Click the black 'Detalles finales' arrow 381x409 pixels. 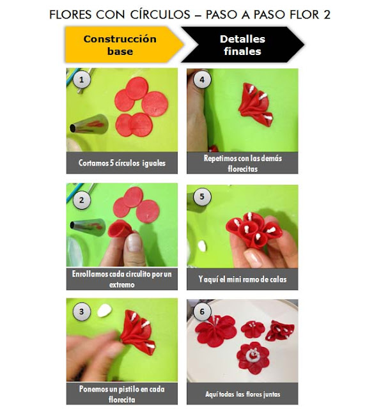tap(240, 45)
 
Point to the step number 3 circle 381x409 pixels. tap(79, 312)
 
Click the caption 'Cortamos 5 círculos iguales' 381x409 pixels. tap(122, 163)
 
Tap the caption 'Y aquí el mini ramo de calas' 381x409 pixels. tap(242, 279)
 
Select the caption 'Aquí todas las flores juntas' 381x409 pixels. tap(242, 394)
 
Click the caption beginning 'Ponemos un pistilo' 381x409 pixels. tap(122, 394)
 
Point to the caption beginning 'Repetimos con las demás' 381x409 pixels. tap(242, 162)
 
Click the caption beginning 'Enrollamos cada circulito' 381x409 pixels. tap(122, 278)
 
